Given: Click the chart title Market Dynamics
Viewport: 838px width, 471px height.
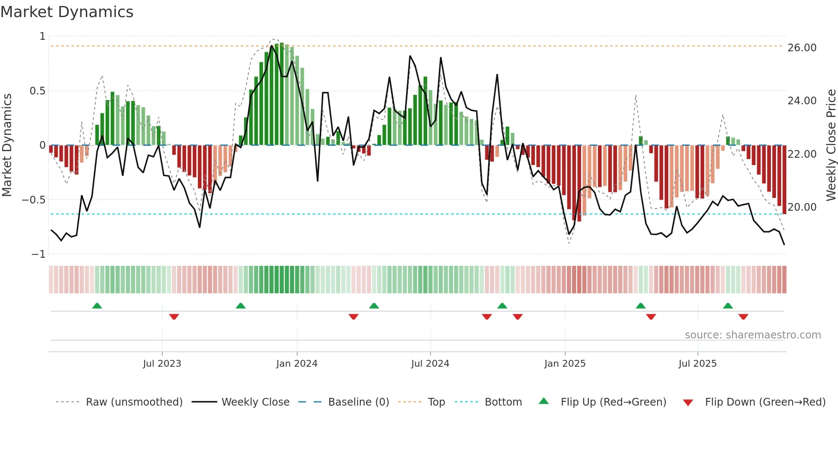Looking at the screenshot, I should (x=67, y=12).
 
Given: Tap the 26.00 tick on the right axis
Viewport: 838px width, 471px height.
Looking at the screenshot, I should (x=802, y=48).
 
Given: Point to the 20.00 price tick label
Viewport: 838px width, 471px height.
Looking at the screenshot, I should (x=802, y=207).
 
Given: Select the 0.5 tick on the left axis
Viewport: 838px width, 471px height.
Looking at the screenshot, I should (x=37, y=91).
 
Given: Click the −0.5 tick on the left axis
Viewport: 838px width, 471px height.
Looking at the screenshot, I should (x=34, y=200).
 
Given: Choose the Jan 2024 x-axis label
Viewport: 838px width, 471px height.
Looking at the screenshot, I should (x=297, y=364).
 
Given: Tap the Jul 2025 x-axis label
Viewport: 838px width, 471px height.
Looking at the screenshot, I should (x=697, y=364).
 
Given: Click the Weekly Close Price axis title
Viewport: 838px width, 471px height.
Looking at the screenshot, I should (x=831, y=145).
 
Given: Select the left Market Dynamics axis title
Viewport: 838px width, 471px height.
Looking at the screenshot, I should (x=7, y=145).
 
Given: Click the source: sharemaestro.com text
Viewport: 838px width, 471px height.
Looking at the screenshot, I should (x=752, y=335).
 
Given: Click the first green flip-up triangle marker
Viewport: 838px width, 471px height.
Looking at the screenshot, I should (x=97, y=306).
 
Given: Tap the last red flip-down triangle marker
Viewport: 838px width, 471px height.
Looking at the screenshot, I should (x=743, y=317).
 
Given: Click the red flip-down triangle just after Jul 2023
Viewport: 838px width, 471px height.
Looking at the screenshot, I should (x=174, y=317).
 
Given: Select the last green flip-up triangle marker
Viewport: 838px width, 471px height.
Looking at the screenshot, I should (x=728, y=306).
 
